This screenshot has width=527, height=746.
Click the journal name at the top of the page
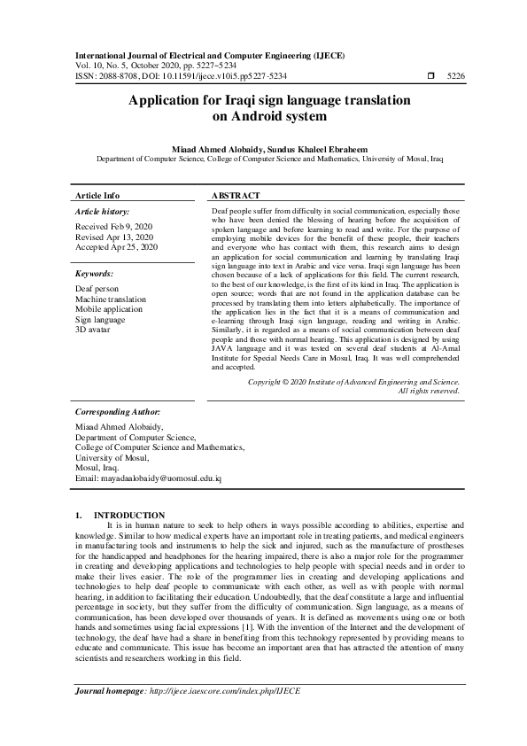coord(209,55)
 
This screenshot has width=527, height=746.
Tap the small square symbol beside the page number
coord(430,77)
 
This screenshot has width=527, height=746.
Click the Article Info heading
coord(97,195)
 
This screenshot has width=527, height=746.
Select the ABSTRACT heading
coord(236,195)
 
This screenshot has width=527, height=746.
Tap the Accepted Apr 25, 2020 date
coord(117,248)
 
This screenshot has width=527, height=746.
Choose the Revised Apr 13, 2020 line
coord(114,237)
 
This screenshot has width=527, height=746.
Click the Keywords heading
coord(96,275)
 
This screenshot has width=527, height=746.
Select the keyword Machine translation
coord(111,299)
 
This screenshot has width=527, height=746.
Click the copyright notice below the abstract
coord(354,381)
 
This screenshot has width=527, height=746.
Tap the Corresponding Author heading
coord(118,412)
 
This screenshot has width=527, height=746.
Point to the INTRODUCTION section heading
coord(129,515)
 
